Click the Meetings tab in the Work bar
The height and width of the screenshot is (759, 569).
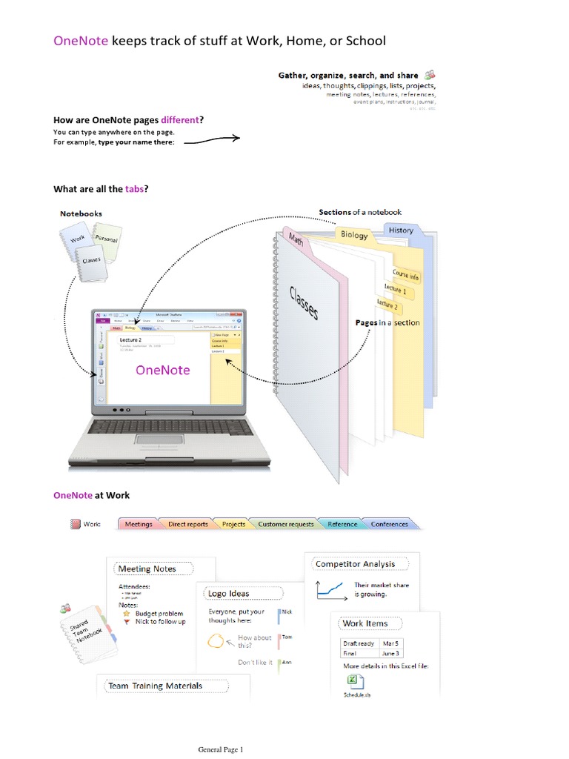[139, 524]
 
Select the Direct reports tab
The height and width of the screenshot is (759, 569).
[188, 524]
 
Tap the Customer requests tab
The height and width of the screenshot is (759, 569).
[285, 524]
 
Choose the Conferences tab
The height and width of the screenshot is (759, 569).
[389, 524]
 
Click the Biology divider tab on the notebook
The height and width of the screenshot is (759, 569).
[354, 235]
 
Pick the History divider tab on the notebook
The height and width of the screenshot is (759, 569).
[401, 231]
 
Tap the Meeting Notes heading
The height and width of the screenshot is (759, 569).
[147, 569]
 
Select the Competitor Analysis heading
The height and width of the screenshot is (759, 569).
[356, 564]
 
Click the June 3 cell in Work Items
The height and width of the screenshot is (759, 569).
[390, 653]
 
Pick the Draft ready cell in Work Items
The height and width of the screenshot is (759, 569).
[359, 643]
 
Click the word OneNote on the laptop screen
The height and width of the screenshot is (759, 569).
[162, 370]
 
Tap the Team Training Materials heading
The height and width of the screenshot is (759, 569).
[155, 686]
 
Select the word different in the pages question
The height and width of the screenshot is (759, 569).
[180, 120]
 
